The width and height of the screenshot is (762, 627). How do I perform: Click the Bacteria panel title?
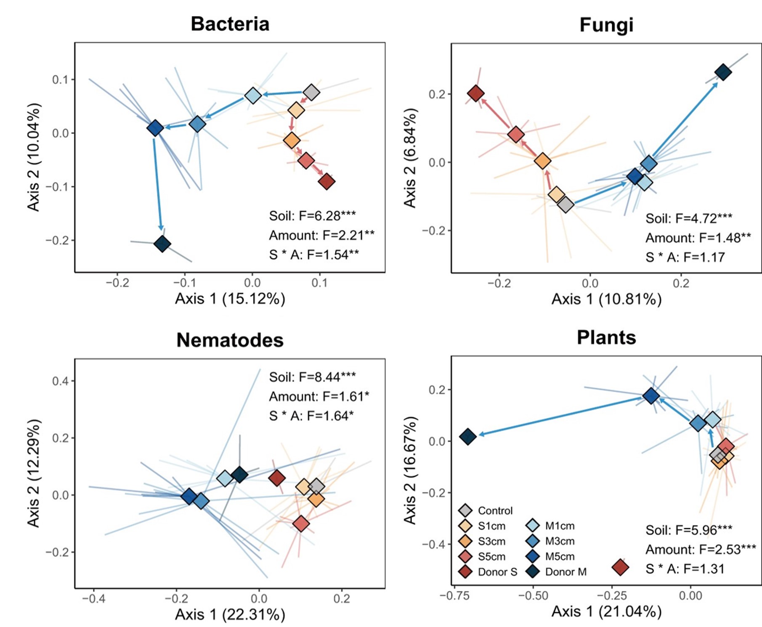(x=230, y=24)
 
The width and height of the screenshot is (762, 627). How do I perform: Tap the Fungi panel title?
(x=606, y=25)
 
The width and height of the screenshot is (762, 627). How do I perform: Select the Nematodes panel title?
(x=230, y=340)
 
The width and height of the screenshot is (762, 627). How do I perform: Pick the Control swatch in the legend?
(x=465, y=510)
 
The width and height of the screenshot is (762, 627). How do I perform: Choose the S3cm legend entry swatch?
(x=465, y=541)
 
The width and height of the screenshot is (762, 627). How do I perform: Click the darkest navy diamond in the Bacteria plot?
(x=162, y=244)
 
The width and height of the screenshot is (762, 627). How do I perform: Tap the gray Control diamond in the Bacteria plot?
(x=311, y=92)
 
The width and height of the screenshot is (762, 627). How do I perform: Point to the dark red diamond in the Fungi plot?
(x=475, y=93)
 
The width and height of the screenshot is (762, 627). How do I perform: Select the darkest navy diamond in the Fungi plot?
(x=723, y=72)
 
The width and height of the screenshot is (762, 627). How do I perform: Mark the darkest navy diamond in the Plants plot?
(x=468, y=436)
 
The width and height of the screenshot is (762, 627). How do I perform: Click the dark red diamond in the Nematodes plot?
(x=276, y=478)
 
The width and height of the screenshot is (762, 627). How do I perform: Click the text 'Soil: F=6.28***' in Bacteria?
(x=312, y=215)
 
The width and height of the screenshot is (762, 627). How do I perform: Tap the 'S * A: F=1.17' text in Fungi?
(x=685, y=257)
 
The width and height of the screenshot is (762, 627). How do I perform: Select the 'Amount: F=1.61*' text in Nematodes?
(x=319, y=396)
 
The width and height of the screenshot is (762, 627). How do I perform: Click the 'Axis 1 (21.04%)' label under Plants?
(x=606, y=611)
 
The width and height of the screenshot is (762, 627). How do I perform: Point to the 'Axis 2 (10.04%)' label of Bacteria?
(x=34, y=157)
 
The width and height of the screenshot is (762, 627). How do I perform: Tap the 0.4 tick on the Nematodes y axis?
(x=60, y=381)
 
